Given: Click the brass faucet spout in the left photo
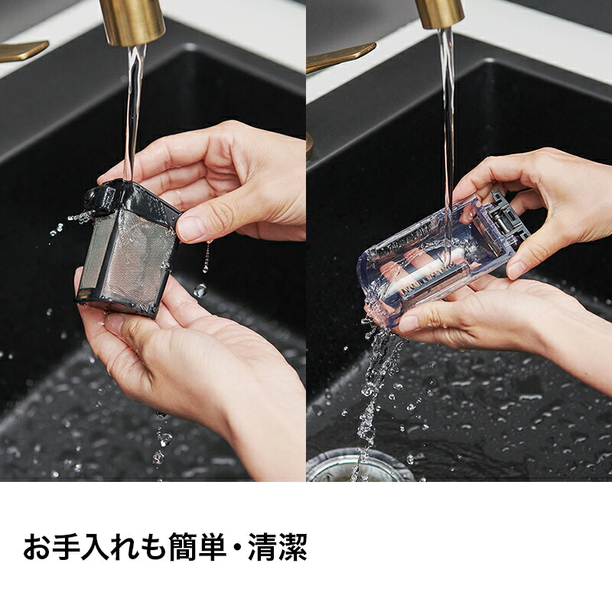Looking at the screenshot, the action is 132,21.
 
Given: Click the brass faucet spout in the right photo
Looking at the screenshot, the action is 440,13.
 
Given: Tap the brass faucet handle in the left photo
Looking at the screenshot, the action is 24,50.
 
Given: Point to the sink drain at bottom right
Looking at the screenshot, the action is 358,466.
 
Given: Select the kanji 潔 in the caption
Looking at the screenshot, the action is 293,547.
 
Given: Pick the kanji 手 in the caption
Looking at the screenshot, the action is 67,547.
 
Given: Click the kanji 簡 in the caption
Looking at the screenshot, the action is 184,547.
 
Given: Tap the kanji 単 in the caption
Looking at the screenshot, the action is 213,547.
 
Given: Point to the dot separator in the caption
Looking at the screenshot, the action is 238,547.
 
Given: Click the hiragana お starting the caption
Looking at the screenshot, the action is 37,547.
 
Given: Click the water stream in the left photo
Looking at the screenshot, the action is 133,113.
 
